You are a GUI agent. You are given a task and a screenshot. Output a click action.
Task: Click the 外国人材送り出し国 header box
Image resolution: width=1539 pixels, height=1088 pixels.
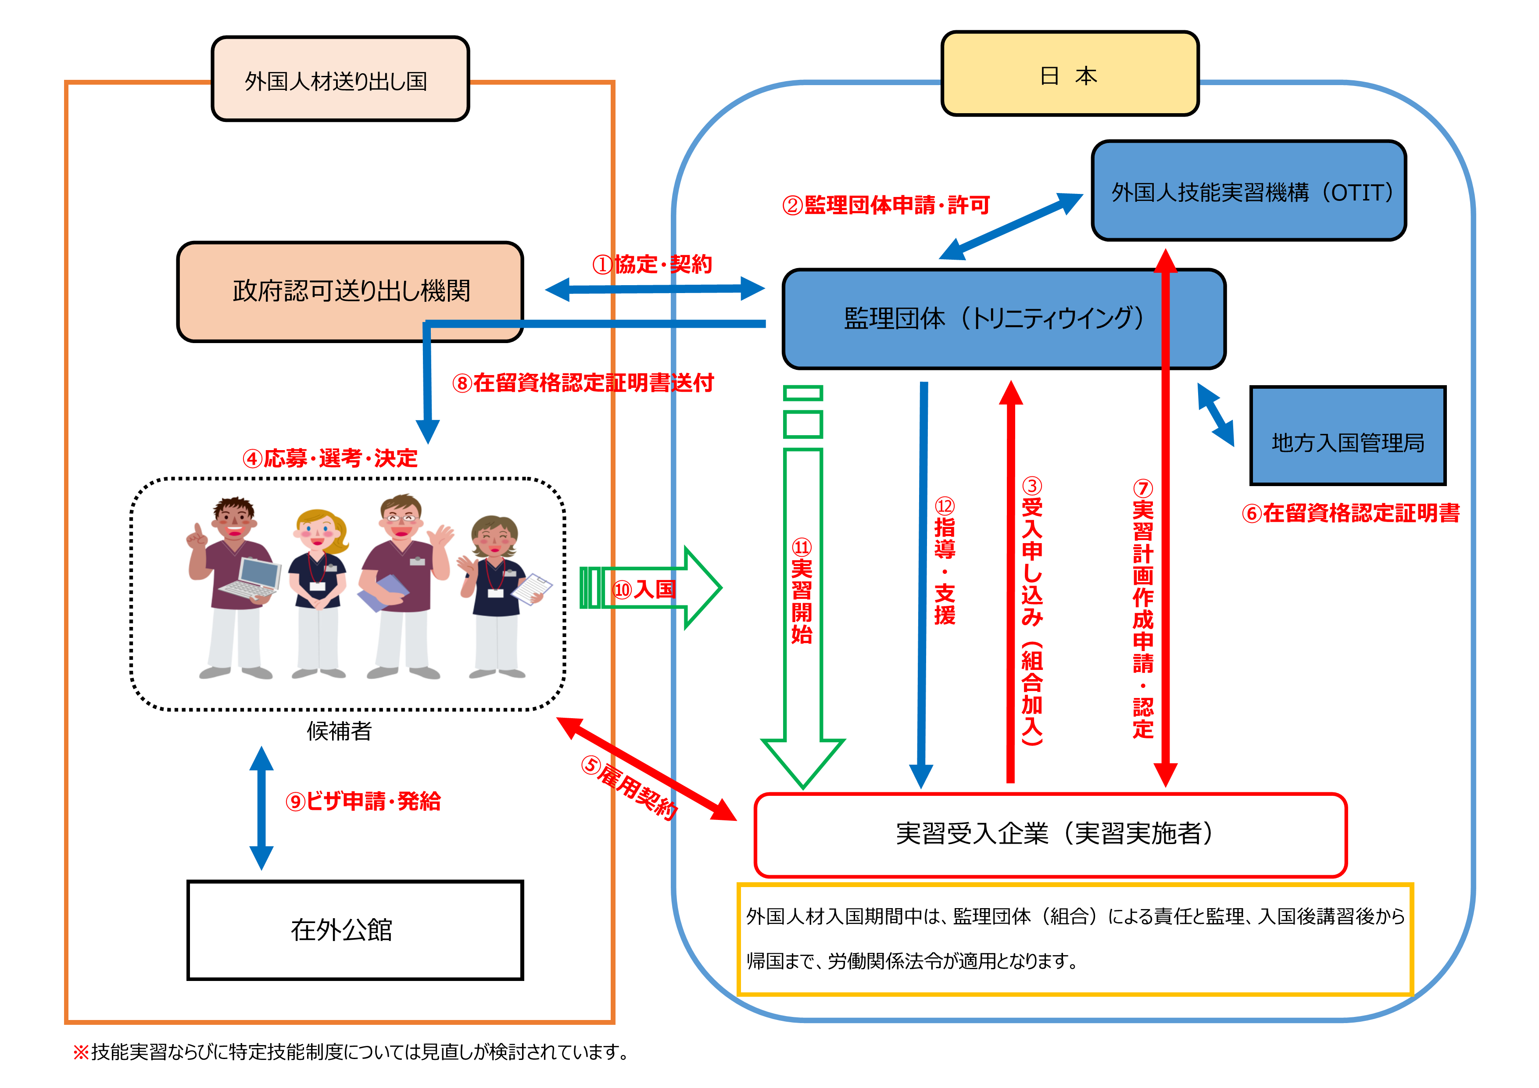click(x=340, y=79)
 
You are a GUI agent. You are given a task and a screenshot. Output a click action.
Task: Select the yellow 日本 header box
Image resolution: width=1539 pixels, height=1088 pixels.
click(x=1069, y=74)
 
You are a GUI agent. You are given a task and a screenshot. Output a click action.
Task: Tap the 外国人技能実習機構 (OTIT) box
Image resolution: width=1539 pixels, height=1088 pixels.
click(x=1248, y=191)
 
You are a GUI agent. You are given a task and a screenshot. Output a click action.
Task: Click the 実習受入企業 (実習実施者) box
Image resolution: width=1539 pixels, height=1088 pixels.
click(x=1050, y=834)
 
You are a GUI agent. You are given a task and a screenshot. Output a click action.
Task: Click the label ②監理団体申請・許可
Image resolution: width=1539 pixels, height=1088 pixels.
click(x=885, y=205)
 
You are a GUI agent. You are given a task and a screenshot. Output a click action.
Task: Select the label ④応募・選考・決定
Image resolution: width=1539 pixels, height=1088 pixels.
click(x=330, y=458)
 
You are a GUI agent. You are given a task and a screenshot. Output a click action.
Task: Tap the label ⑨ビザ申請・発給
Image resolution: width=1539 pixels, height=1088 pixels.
click(x=363, y=801)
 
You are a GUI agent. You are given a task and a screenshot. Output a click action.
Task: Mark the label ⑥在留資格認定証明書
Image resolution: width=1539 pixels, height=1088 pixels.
click(x=1350, y=513)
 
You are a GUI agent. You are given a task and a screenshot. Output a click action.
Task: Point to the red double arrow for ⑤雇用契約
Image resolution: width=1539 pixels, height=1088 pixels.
click(x=647, y=769)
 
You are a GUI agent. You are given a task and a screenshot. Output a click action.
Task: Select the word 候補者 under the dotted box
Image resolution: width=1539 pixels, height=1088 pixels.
click(x=339, y=731)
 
